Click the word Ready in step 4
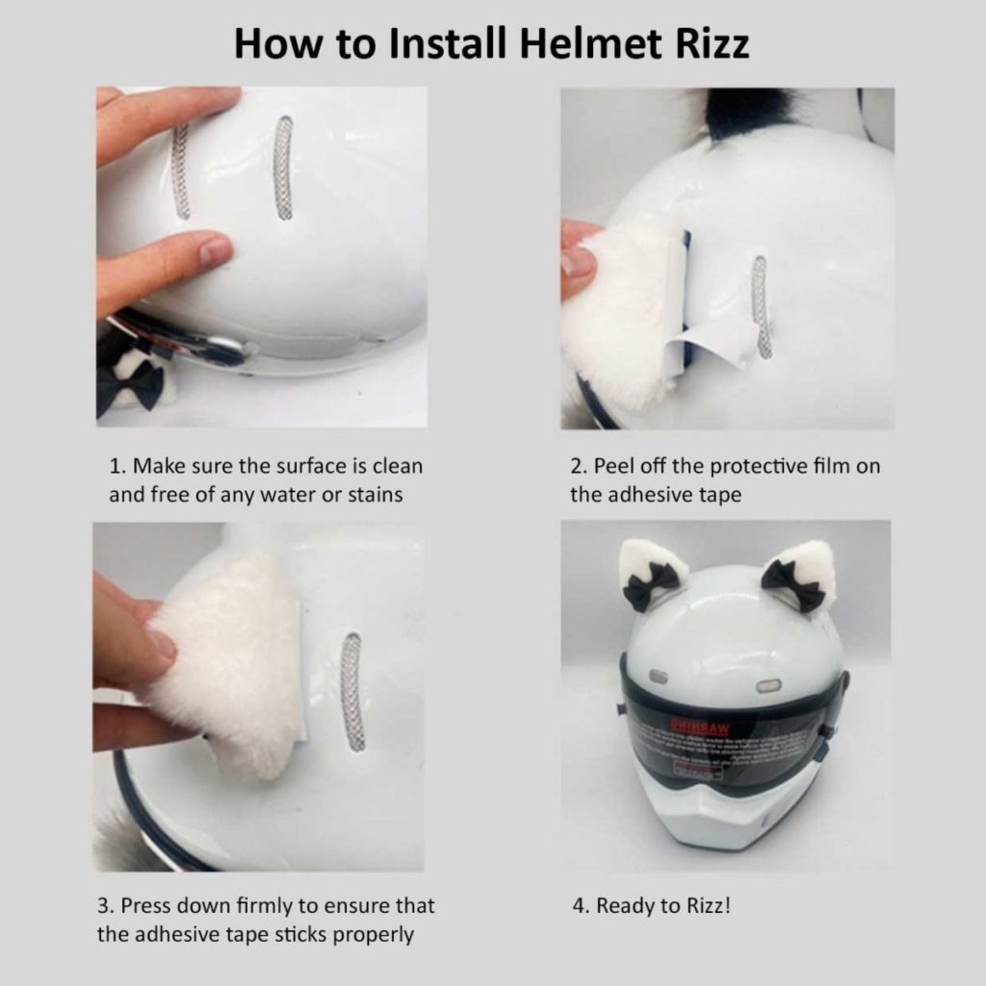click(626, 905)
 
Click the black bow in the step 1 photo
click(130, 383)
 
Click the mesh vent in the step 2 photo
click(761, 306)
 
